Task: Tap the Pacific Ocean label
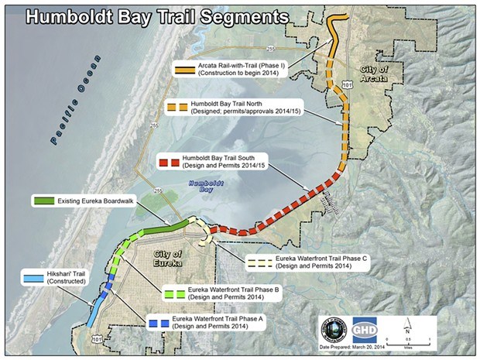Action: [77, 101]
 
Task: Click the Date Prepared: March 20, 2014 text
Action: [365, 347]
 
